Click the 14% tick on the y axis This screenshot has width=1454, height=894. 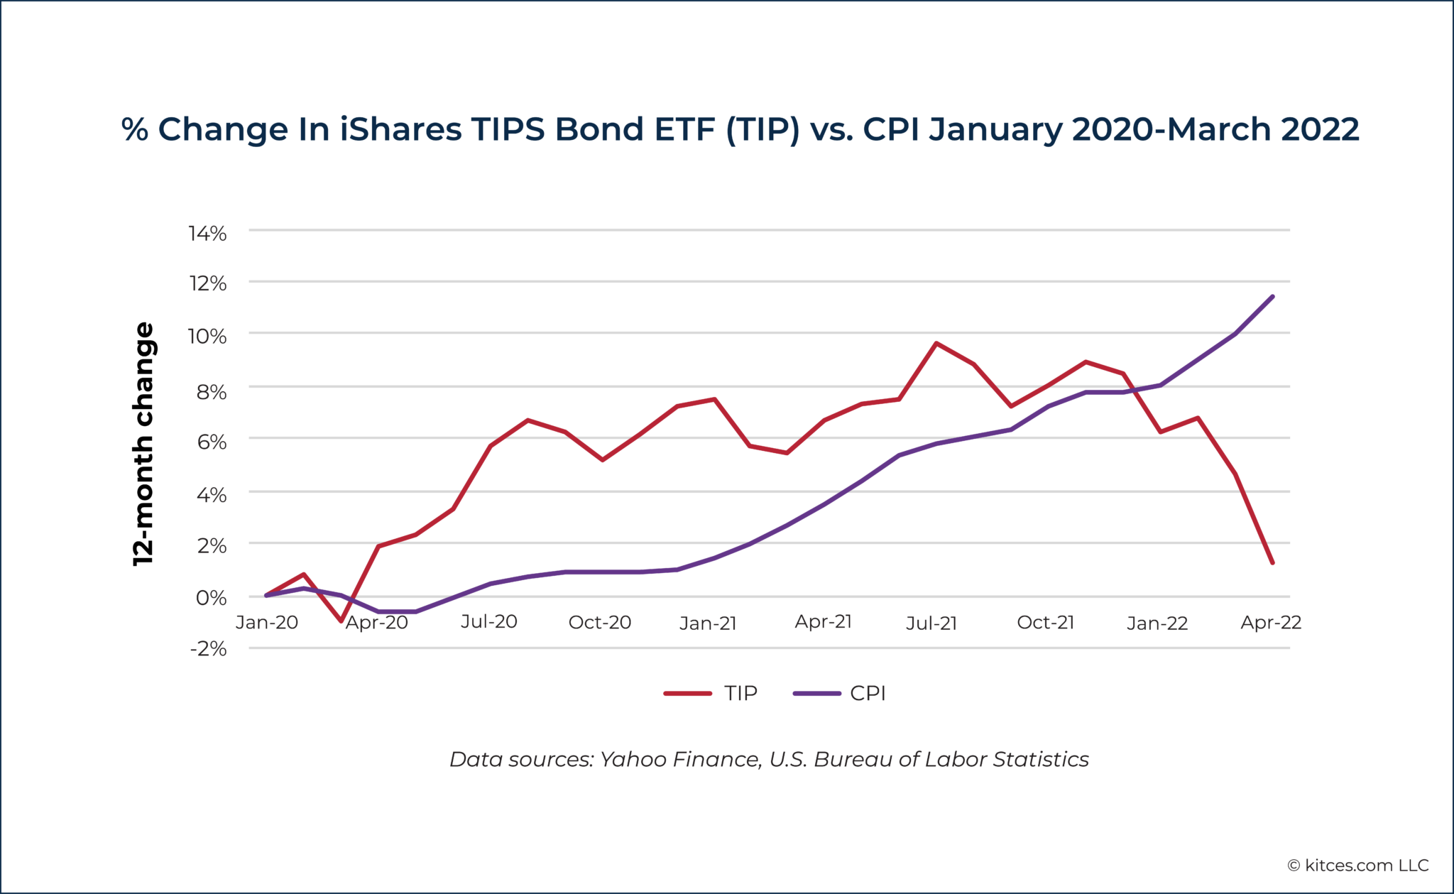click(x=207, y=234)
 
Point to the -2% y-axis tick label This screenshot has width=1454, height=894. click(x=207, y=648)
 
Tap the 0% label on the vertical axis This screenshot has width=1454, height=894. click(x=211, y=597)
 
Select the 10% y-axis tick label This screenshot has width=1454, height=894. click(x=207, y=336)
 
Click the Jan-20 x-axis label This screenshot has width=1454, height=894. click(x=267, y=623)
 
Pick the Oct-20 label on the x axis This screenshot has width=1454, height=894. click(x=600, y=623)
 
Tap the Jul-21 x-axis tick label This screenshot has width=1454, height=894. click(x=931, y=623)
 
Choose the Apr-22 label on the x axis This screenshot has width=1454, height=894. click(x=1271, y=623)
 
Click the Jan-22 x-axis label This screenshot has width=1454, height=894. click(x=1157, y=623)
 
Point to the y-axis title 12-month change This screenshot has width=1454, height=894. click(x=144, y=444)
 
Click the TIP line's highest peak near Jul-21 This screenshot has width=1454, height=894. click(x=936, y=344)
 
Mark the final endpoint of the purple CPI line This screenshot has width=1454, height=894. click(x=1272, y=297)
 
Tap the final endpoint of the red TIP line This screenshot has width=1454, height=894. click(x=1272, y=563)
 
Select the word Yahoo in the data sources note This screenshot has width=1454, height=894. click(x=626, y=760)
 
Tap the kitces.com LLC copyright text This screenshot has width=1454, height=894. click(x=1358, y=866)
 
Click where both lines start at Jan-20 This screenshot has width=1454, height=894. click(x=266, y=595)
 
